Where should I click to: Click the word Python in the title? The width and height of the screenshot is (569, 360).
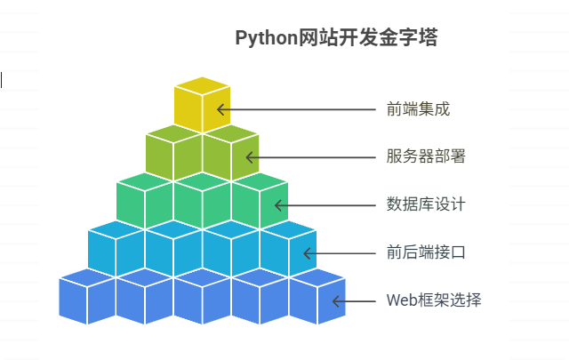263,38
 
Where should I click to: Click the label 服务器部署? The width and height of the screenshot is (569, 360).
426,157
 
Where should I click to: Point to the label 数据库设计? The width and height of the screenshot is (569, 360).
426,205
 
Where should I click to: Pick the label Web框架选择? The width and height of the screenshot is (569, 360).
434,300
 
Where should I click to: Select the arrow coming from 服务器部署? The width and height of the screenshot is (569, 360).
311,157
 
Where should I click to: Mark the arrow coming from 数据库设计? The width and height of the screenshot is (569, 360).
325,205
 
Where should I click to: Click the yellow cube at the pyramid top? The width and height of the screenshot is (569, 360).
202,105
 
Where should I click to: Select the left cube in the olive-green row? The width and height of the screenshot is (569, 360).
173,153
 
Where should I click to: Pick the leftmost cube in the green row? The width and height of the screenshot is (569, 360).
145,201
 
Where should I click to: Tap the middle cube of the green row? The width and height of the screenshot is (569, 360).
202,201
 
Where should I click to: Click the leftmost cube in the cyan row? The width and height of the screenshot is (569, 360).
116,249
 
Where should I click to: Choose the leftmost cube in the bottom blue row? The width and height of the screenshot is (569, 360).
87,297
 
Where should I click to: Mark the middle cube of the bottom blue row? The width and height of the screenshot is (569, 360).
202,297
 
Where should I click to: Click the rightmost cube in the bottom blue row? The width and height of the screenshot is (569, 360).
317,297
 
